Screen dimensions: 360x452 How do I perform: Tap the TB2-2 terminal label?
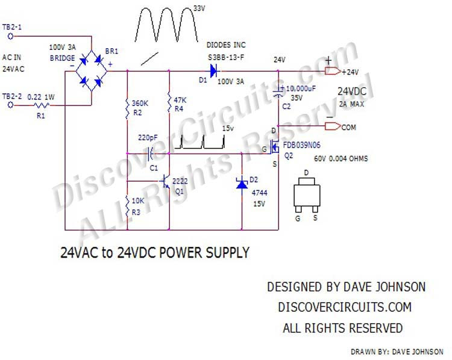click(x=13, y=96)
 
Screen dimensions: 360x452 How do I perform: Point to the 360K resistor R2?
click(x=128, y=107)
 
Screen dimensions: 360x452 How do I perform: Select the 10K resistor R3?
click(x=128, y=206)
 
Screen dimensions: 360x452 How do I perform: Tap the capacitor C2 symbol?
click(x=278, y=92)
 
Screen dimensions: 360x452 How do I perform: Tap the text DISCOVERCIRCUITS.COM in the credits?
click(x=345, y=307)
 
